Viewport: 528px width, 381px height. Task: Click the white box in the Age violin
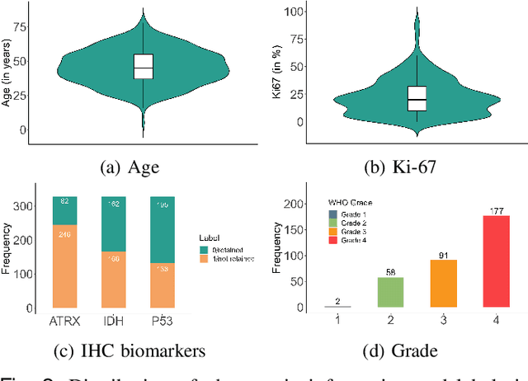[144, 67]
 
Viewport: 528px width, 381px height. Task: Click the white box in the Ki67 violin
[417, 98]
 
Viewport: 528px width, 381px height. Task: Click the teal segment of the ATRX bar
[65, 211]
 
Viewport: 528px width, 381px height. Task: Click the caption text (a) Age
[130, 167]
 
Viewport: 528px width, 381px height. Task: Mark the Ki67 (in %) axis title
[278, 68]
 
